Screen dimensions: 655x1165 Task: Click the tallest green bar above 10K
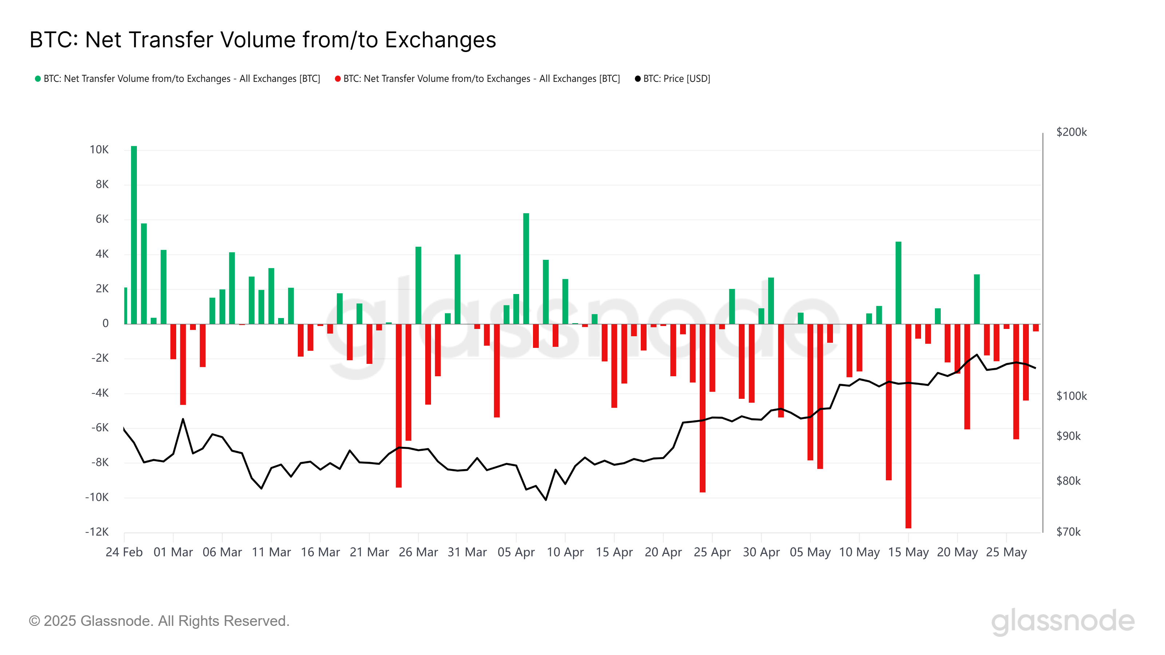134,235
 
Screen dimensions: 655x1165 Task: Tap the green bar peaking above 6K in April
526,269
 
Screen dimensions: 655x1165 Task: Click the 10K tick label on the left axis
99,150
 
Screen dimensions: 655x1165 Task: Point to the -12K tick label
97,532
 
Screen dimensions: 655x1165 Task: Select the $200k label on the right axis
1071,132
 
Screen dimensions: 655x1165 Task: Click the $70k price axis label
1068,532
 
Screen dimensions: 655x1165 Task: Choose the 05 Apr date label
516,552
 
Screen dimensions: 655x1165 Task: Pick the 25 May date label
1006,552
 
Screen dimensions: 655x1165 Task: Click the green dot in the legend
38,79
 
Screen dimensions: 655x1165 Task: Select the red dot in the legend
337,79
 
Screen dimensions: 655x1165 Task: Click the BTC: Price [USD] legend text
676,79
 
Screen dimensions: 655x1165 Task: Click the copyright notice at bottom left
159,621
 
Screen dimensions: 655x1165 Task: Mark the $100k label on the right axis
1071,396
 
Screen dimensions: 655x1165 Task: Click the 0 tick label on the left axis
105,323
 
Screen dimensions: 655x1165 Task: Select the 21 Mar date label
369,552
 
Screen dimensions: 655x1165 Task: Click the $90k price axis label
1068,436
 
